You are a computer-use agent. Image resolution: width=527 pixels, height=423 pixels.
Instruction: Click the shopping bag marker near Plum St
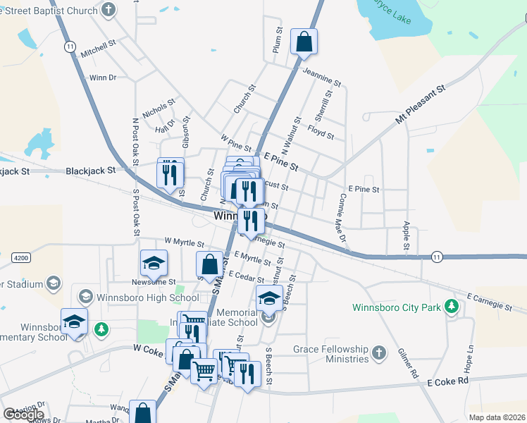click(304, 42)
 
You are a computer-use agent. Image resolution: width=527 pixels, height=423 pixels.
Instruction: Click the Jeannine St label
click(321, 77)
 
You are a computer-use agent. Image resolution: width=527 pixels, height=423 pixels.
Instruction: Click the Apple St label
click(406, 235)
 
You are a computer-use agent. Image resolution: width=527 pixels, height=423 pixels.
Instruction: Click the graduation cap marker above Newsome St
click(154, 264)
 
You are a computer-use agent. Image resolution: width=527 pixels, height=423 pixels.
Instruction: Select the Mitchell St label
click(98, 48)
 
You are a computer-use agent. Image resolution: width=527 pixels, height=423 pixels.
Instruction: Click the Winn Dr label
click(103, 78)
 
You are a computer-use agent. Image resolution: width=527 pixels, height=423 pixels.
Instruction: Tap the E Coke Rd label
click(447, 381)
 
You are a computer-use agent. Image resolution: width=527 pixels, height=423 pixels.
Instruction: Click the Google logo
click(23, 415)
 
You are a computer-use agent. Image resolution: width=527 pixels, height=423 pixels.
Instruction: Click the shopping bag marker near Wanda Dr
click(143, 413)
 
